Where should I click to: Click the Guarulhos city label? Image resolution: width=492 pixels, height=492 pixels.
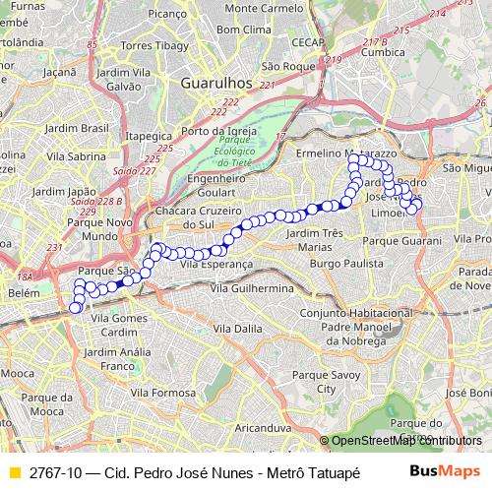coord(216,85)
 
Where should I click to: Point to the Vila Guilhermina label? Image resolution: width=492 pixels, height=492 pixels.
coord(254,286)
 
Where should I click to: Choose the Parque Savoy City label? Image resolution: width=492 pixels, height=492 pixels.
coord(319,383)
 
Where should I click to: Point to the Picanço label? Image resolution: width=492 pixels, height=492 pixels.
coord(195,15)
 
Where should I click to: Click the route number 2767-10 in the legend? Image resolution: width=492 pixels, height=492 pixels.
coord(56,472)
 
